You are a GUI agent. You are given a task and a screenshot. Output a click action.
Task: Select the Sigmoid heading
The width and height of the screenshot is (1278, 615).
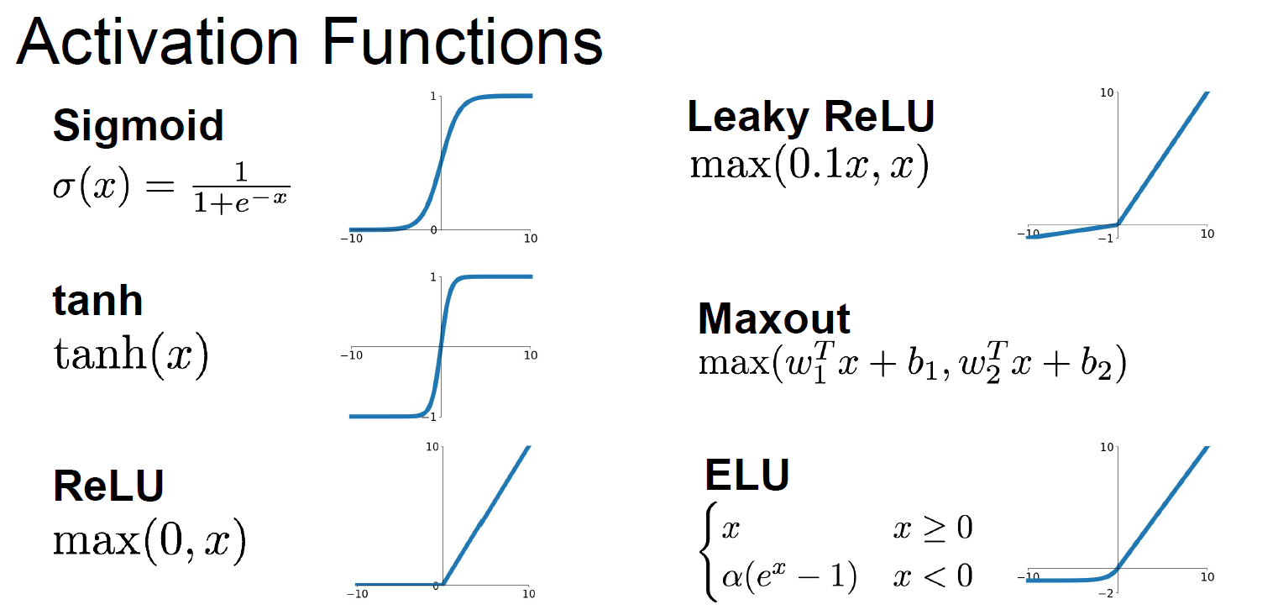[x=139, y=126]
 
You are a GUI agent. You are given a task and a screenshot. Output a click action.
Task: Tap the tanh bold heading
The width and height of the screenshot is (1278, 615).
[x=97, y=300]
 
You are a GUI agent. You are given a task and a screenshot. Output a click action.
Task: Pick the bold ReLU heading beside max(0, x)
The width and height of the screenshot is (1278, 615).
[x=108, y=485]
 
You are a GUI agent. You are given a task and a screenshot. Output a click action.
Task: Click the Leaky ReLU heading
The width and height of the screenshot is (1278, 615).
[x=810, y=117]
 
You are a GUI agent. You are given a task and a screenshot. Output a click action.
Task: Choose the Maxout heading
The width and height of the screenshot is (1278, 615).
[x=774, y=319]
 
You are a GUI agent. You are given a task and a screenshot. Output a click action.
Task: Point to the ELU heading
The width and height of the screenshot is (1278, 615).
[x=746, y=476]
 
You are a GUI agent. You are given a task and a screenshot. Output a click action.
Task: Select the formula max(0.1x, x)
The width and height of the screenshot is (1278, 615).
[x=809, y=166]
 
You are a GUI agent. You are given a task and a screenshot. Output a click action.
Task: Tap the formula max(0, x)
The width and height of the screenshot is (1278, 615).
[x=149, y=542]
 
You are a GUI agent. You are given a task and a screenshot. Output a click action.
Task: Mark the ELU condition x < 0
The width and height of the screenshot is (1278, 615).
[x=932, y=576]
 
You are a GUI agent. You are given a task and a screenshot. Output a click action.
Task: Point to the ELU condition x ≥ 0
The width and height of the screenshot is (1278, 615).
[x=932, y=528]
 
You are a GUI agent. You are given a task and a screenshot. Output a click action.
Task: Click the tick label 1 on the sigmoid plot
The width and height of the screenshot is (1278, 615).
[x=433, y=97]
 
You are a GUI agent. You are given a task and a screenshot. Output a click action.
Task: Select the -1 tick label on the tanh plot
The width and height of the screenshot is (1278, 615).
[x=432, y=417]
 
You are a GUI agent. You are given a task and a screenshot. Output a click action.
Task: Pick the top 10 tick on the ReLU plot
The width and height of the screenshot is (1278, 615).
[x=432, y=447]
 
